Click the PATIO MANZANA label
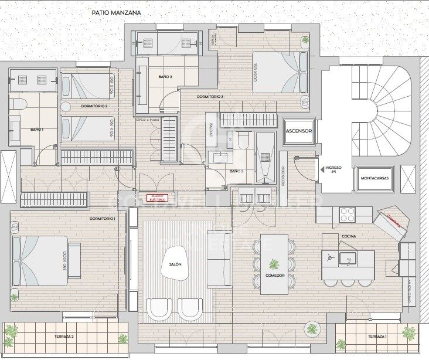pyautogui.click(x=116, y=12)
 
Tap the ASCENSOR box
pyautogui.click(x=298, y=131)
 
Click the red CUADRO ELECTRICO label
pyautogui.click(x=156, y=198)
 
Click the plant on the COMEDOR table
pyautogui.click(x=274, y=264)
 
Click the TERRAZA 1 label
pyautogui.click(x=377, y=337)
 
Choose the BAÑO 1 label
pyautogui.click(x=37, y=130)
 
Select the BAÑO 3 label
pyautogui.click(x=165, y=77)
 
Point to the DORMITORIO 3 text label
pyautogui.click(x=210, y=96)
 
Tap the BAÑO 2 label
pyautogui.click(x=236, y=171)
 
